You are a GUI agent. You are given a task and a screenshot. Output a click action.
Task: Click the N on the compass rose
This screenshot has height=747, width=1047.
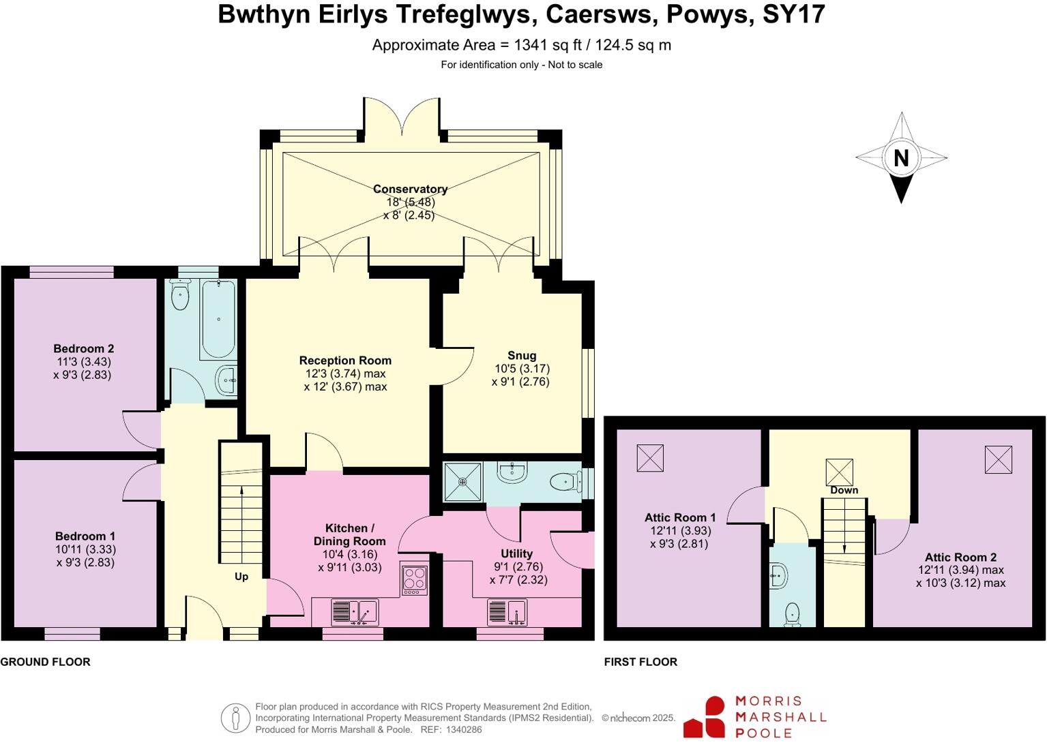(901, 158)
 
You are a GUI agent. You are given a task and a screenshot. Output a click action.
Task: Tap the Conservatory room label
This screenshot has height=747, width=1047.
(410, 189)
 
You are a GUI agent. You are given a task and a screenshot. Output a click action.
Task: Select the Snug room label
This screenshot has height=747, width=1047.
(522, 355)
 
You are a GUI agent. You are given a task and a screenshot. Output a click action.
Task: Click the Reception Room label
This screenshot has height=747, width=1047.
(345, 361)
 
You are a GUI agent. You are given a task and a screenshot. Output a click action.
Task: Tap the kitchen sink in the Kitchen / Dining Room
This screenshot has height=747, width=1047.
(355, 611)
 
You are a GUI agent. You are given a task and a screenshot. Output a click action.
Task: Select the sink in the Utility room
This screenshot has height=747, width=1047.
(507, 611)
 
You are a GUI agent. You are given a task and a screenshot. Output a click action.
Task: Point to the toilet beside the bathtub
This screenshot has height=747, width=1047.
(180, 295)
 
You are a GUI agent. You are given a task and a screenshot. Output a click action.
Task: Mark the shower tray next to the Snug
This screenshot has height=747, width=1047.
(462, 482)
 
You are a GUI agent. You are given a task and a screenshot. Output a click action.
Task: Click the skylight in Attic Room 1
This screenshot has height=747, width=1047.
(650, 458)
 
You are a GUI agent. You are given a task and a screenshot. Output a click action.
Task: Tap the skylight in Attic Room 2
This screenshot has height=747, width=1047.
(998, 459)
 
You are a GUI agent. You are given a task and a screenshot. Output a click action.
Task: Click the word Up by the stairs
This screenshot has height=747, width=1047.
(241, 577)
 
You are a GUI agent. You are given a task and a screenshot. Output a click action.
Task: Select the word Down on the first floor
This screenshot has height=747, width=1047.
(844, 490)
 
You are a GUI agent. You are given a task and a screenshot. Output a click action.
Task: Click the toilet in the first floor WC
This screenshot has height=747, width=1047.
(792, 613)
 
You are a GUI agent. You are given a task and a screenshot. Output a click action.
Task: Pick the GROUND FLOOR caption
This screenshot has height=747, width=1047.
(45, 662)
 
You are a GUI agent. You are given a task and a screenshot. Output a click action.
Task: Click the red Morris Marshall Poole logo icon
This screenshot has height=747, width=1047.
(705, 717)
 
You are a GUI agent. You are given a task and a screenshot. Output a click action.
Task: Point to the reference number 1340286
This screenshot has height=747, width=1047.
(464, 729)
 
